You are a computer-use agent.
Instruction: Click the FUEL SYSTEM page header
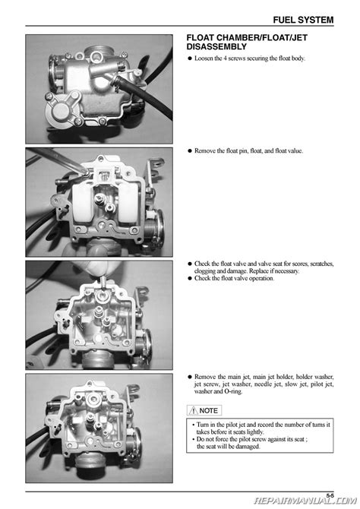click(x=303, y=20)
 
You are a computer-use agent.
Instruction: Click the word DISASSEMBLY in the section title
click(x=216, y=47)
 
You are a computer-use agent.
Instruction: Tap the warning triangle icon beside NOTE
click(x=193, y=411)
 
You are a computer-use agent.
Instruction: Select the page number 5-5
click(x=330, y=495)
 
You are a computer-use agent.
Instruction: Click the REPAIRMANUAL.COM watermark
click(x=305, y=501)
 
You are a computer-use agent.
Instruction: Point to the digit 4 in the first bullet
click(x=225, y=58)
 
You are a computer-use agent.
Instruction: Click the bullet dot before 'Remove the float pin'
click(x=190, y=151)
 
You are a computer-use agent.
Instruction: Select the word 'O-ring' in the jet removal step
click(x=233, y=391)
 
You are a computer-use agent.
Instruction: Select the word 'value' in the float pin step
click(x=295, y=151)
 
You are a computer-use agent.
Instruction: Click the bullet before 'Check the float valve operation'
click(x=190, y=279)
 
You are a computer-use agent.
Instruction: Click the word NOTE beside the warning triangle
click(x=208, y=411)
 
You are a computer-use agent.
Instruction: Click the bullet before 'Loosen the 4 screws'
click(x=190, y=58)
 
